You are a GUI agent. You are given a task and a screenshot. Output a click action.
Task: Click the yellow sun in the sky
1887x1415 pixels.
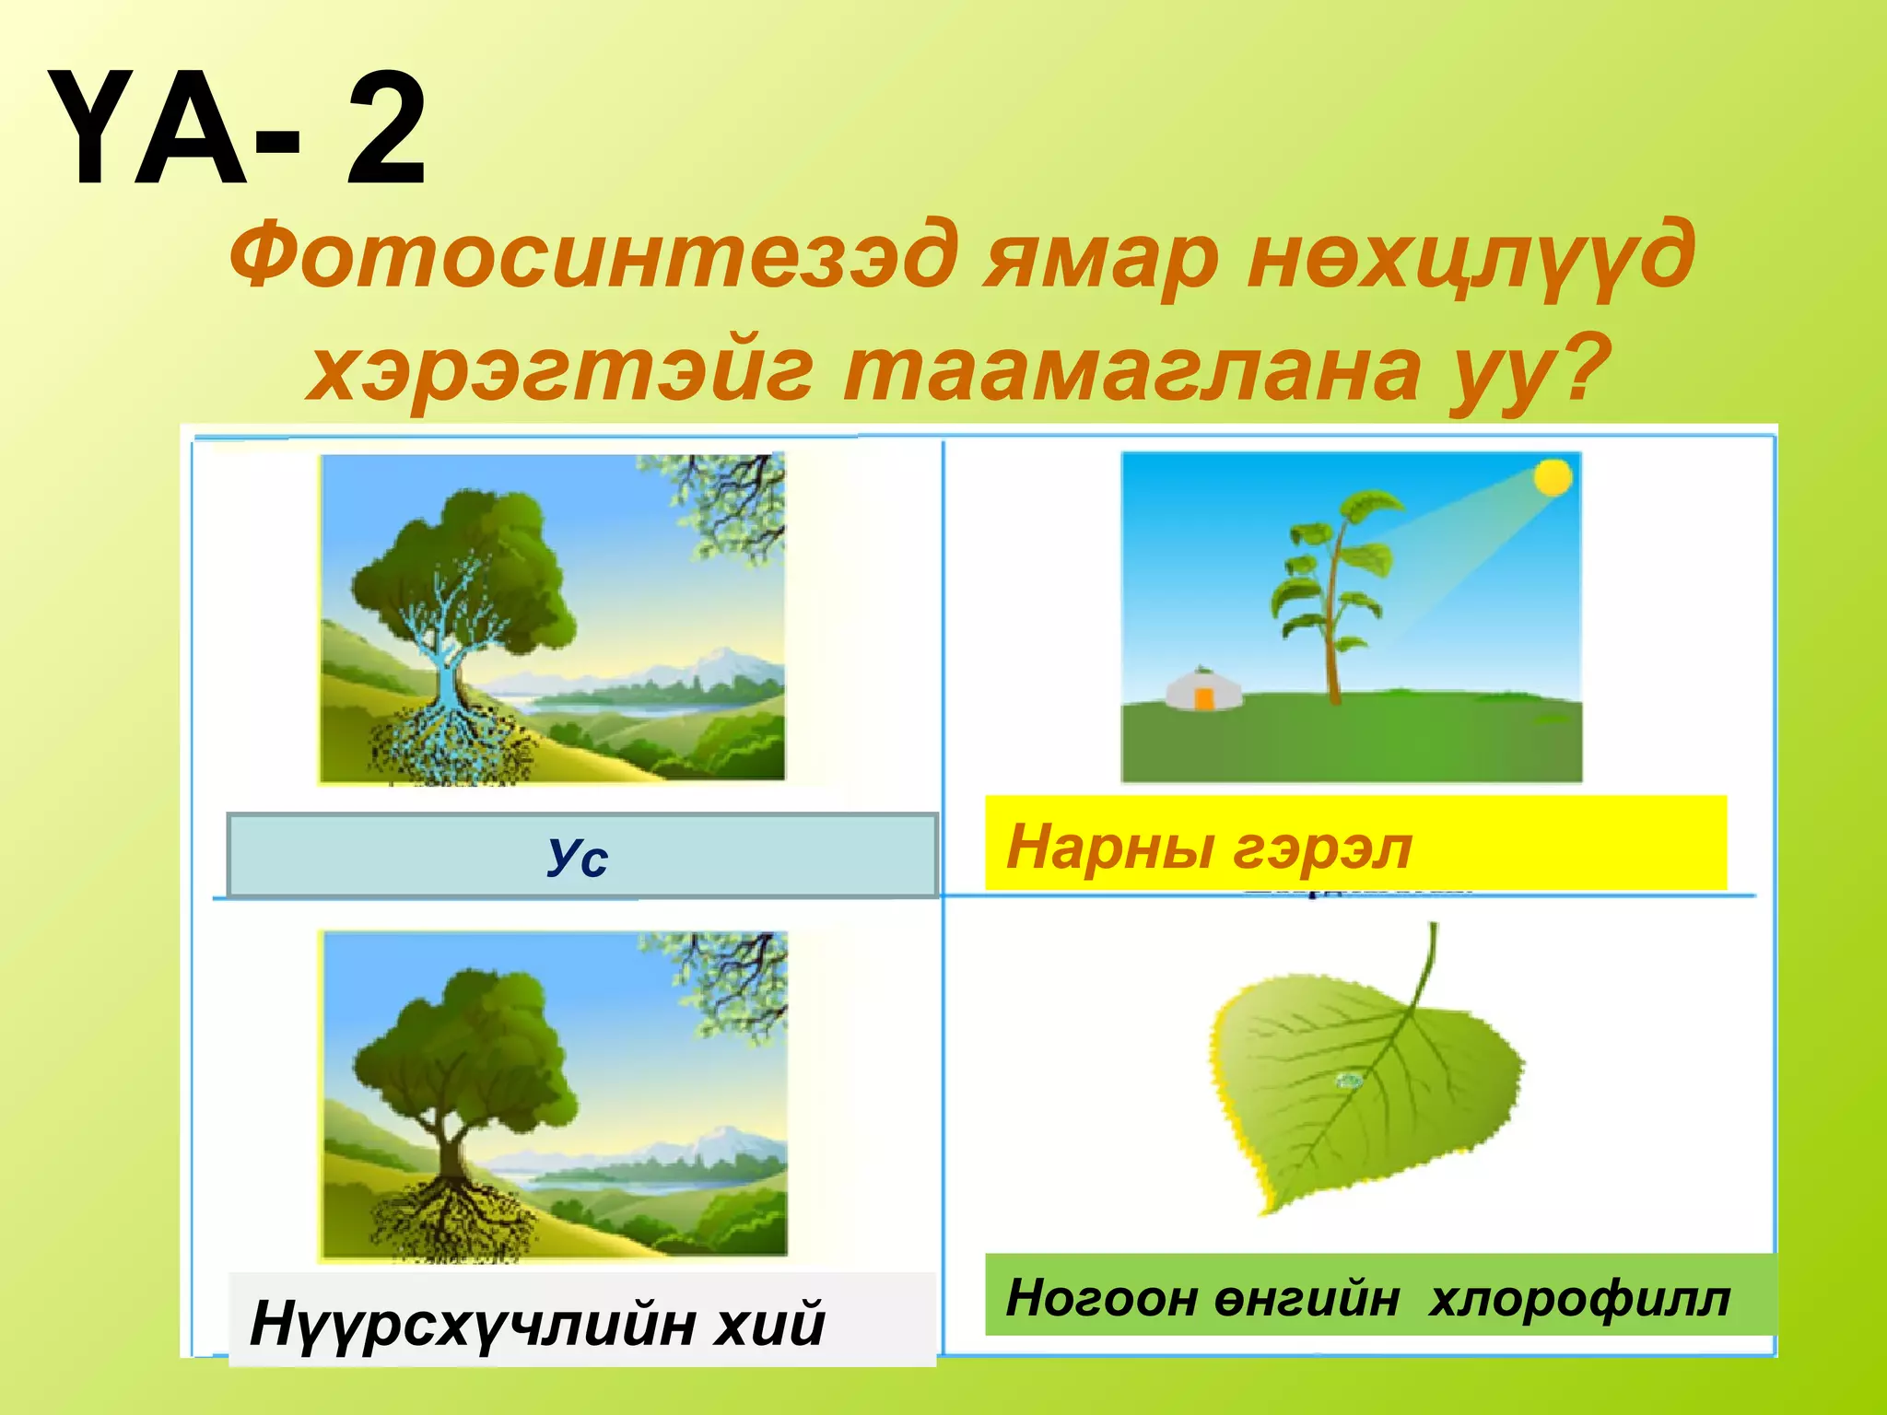click(1553, 477)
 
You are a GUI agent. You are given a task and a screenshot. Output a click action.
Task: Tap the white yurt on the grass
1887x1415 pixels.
click(1202, 689)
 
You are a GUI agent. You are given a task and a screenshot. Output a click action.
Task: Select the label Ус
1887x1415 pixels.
click(578, 857)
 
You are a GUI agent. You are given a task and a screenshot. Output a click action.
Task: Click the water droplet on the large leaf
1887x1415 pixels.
click(1350, 1081)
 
